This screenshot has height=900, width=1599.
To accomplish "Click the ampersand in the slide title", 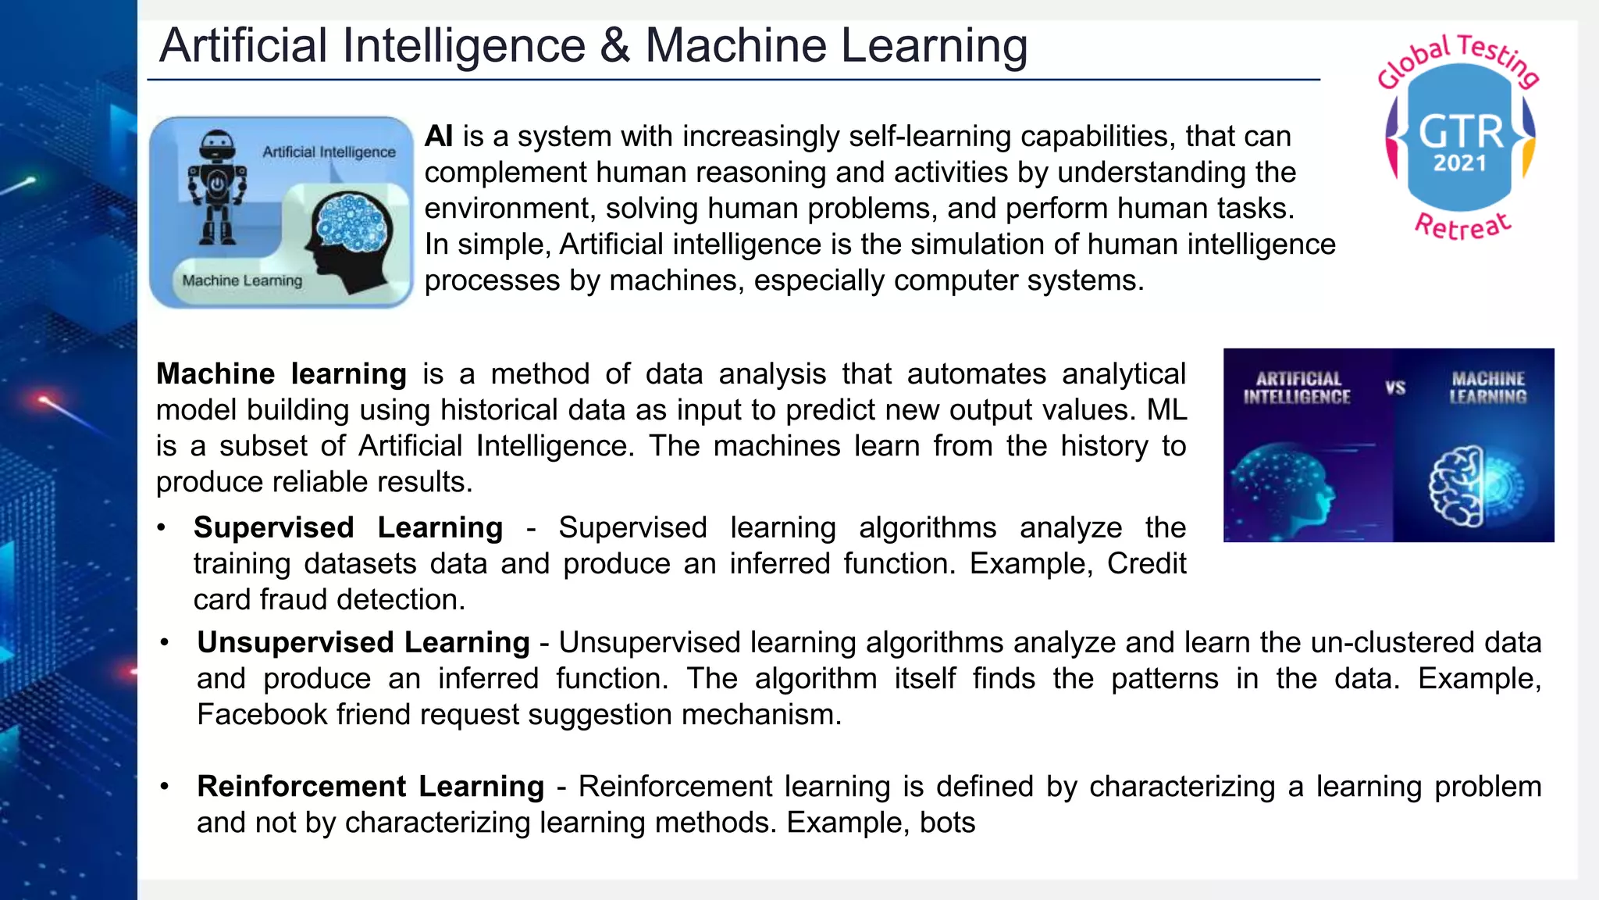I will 614,46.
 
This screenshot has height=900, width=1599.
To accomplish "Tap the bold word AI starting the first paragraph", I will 439,137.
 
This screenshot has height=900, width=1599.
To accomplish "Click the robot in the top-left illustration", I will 216,188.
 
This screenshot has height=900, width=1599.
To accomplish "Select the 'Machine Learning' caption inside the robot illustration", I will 242,280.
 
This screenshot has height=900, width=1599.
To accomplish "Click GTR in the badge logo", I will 1460,132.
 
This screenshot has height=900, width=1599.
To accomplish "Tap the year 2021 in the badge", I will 1459,163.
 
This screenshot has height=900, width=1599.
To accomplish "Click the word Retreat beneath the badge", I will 1463,226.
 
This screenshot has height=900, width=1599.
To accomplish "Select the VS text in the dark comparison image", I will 1395,387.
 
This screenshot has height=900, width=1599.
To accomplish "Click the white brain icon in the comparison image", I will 1457,486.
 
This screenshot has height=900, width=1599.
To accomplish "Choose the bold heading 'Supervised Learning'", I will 348,528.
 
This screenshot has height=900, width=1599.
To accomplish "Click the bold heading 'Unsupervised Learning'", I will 363,643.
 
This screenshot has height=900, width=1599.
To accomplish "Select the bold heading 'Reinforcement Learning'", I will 370,787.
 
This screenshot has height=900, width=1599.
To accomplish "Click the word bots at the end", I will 947,823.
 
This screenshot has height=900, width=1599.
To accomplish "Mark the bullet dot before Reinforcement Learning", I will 165,787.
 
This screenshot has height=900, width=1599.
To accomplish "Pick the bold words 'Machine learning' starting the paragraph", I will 281,374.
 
